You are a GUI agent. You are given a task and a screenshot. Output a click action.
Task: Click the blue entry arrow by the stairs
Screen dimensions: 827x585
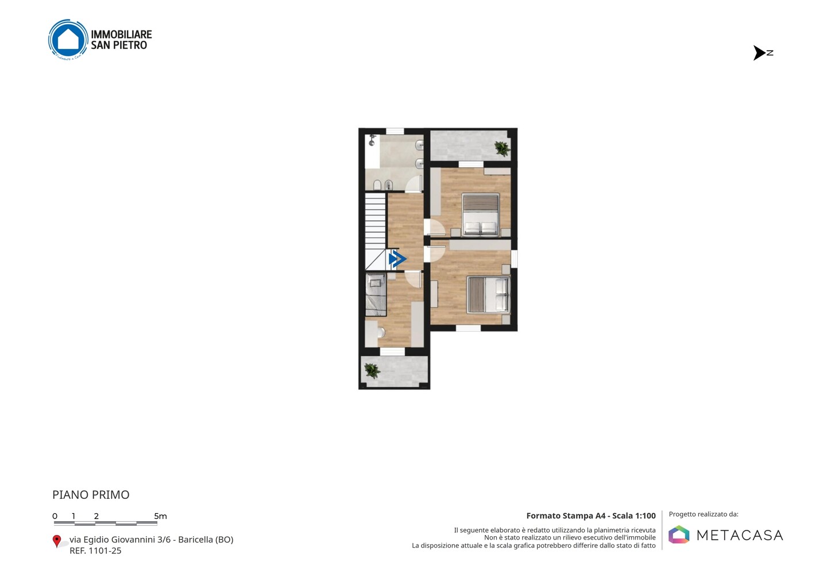[397, 259]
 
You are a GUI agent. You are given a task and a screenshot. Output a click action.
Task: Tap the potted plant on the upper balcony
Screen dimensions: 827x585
[502, 148]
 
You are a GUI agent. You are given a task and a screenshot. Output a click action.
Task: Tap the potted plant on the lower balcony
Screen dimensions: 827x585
[372, 371]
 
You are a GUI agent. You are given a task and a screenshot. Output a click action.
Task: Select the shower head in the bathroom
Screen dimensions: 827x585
[372, 140]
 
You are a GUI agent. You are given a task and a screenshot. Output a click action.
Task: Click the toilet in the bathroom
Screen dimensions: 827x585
[377, 184]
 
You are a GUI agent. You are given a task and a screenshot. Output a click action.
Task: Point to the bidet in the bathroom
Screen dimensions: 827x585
[388, 184]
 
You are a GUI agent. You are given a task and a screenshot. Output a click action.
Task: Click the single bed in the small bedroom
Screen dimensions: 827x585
[376, 294]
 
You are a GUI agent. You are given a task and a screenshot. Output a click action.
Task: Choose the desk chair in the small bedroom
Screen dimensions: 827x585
[381, 333]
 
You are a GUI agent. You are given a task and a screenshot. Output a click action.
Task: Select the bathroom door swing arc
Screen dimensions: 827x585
[413, 184]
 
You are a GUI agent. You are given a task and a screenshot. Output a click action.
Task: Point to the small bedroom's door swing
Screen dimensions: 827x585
[413, 280]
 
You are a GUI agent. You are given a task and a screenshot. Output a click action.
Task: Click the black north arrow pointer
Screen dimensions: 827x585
[759, 53]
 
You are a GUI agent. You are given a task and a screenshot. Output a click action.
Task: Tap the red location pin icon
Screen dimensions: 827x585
[56, 541]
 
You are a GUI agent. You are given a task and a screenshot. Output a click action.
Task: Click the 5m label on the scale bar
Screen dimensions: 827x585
[160, 516]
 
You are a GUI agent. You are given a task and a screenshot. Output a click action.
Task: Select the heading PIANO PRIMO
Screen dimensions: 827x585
[91, 495]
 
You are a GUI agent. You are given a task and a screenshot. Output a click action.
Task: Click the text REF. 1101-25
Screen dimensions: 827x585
[95, 551]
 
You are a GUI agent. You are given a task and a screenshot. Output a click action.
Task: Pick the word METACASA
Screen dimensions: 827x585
[740, 535]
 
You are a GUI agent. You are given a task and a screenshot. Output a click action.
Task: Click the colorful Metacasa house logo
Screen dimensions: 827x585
[679, 534]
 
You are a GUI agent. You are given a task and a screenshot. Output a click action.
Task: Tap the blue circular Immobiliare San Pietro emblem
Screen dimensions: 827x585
[68, 39]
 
